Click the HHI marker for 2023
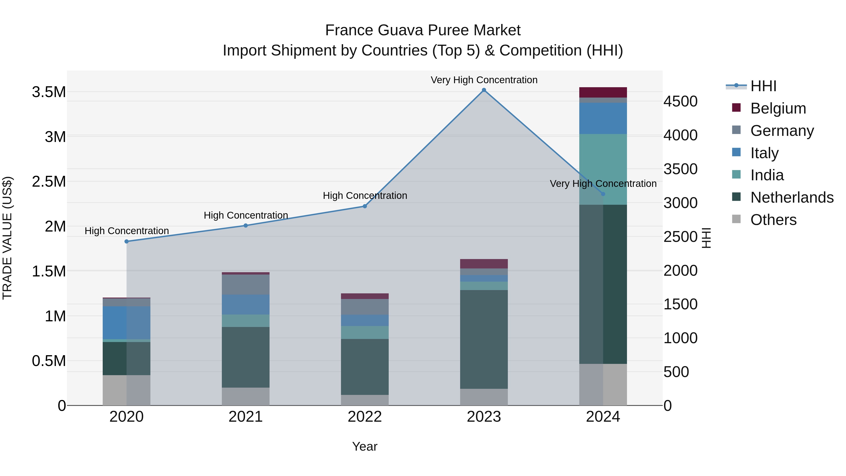(484, 90)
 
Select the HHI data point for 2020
(126, 241)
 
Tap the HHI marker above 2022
(364, 206)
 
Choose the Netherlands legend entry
(791, 197)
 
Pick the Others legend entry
(773, 220)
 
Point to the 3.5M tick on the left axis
(49, 92)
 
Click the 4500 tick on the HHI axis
(681, 102)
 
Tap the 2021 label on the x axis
(245, 417)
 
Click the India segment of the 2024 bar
(603, 169)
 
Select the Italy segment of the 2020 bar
(126, 323)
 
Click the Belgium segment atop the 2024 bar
(603, 92)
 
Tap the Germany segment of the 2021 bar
(245, 284)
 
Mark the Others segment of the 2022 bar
(364, 400)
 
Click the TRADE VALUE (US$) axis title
(8, 238)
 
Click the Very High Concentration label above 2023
(484, 80)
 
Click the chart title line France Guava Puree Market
(423, 30)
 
